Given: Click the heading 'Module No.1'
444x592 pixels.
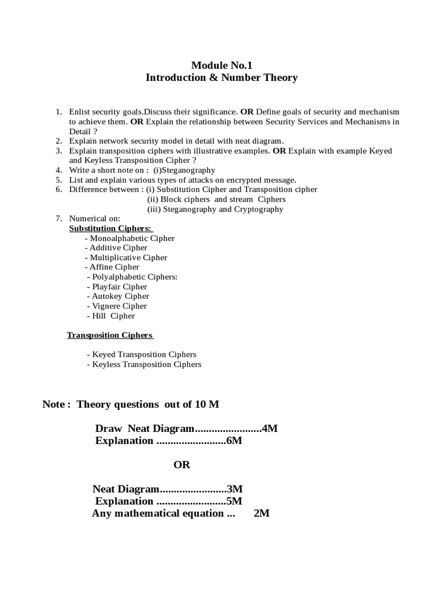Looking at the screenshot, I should point(221,66).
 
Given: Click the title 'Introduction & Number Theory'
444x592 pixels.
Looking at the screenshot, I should point(221,77).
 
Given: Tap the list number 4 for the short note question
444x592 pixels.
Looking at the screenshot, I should point(58,170).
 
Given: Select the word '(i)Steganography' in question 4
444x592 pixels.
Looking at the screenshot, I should point(184,170).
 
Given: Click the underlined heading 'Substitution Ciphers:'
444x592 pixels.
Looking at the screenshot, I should point(106,228).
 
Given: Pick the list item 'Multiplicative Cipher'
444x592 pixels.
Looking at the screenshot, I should point(126,258).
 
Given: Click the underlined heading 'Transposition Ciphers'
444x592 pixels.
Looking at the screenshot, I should point(110,335).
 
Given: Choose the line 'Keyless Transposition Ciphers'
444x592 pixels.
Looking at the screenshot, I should point(144,365).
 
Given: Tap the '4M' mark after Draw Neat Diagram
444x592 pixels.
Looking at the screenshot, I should point(270,428).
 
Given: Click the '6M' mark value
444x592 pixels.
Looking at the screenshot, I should point(234,441).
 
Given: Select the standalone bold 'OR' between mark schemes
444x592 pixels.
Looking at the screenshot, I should point(182,465).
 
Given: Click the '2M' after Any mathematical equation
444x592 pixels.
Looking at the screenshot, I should point(262,513).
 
